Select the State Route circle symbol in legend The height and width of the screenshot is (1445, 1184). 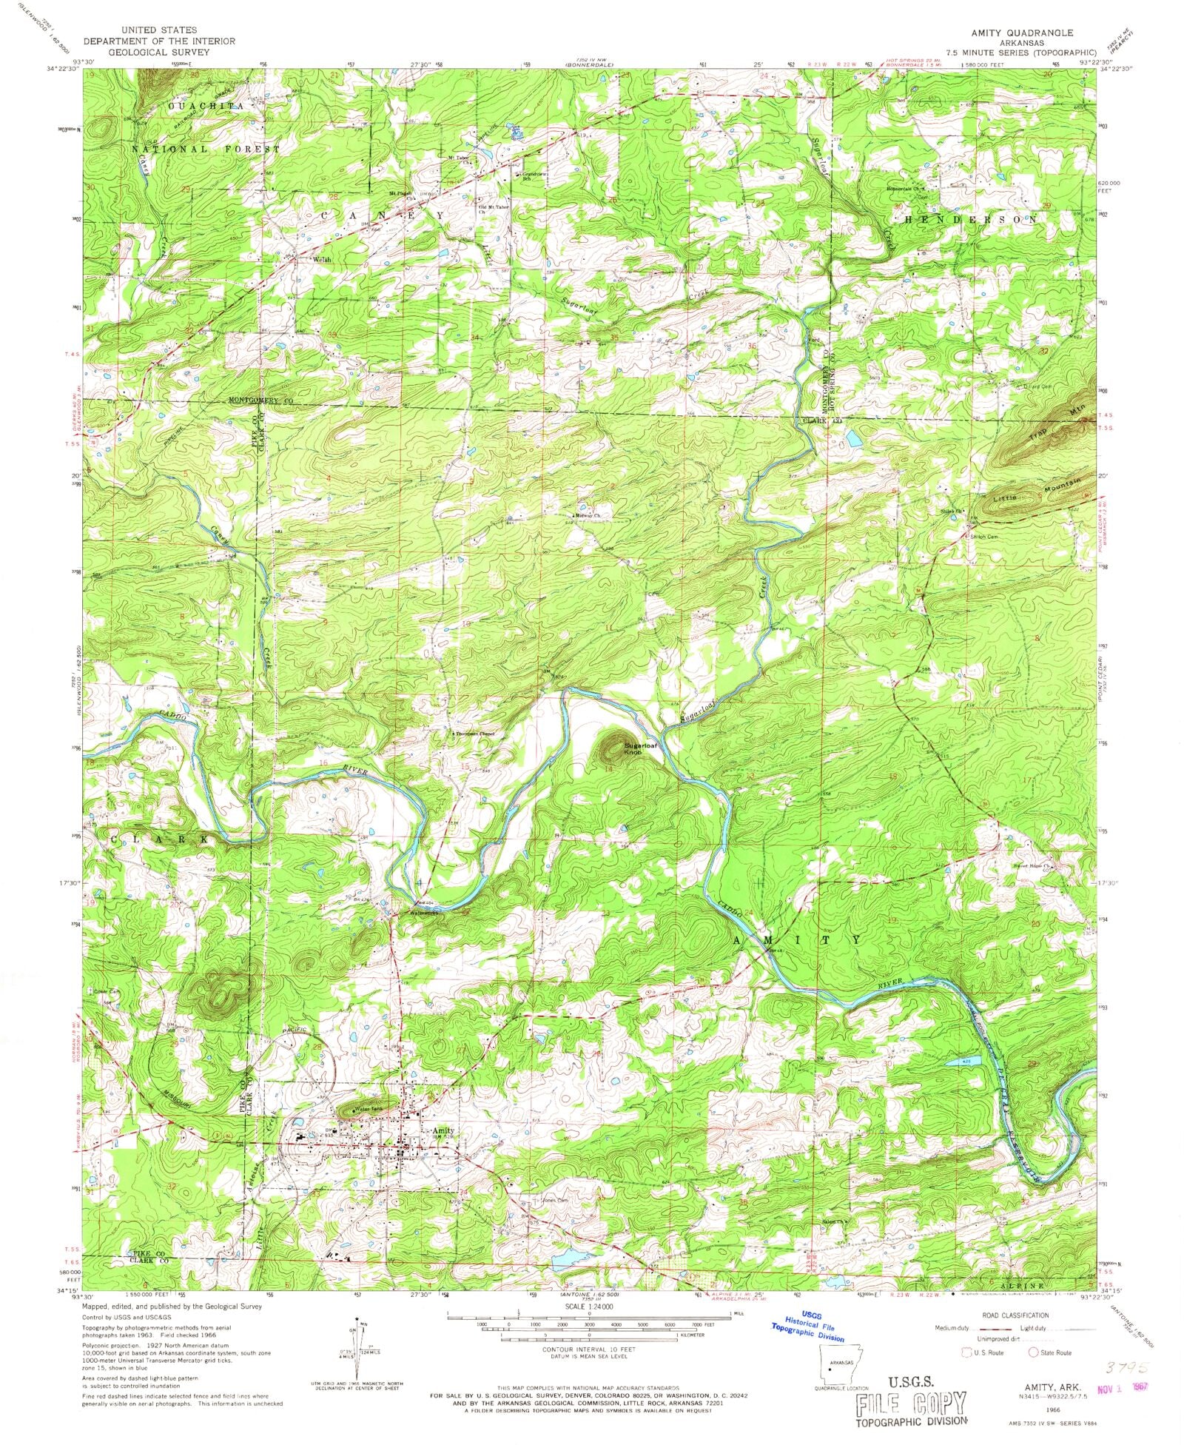click(1034, 1352)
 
